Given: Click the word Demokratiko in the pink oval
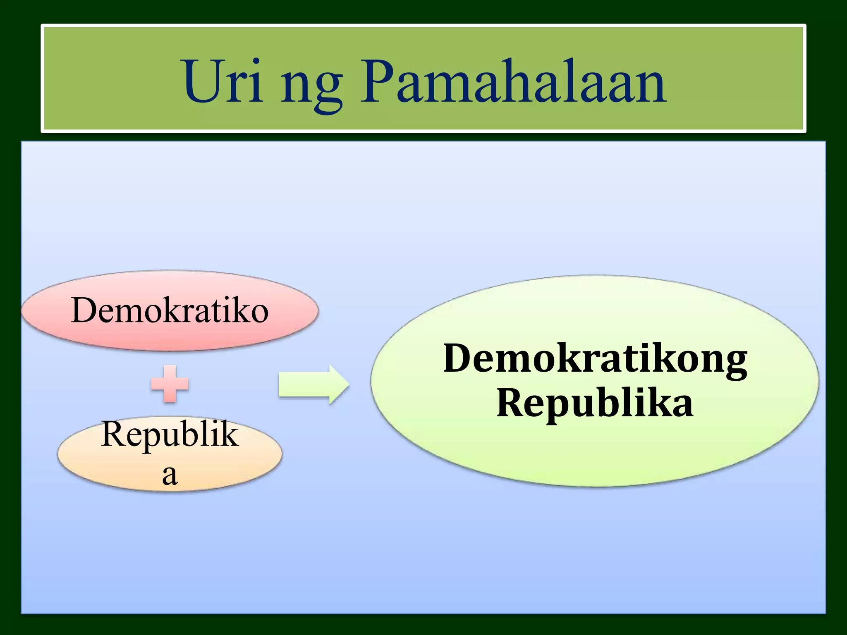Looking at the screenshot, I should point(170,311).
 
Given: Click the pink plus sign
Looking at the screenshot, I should point(170,384).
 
